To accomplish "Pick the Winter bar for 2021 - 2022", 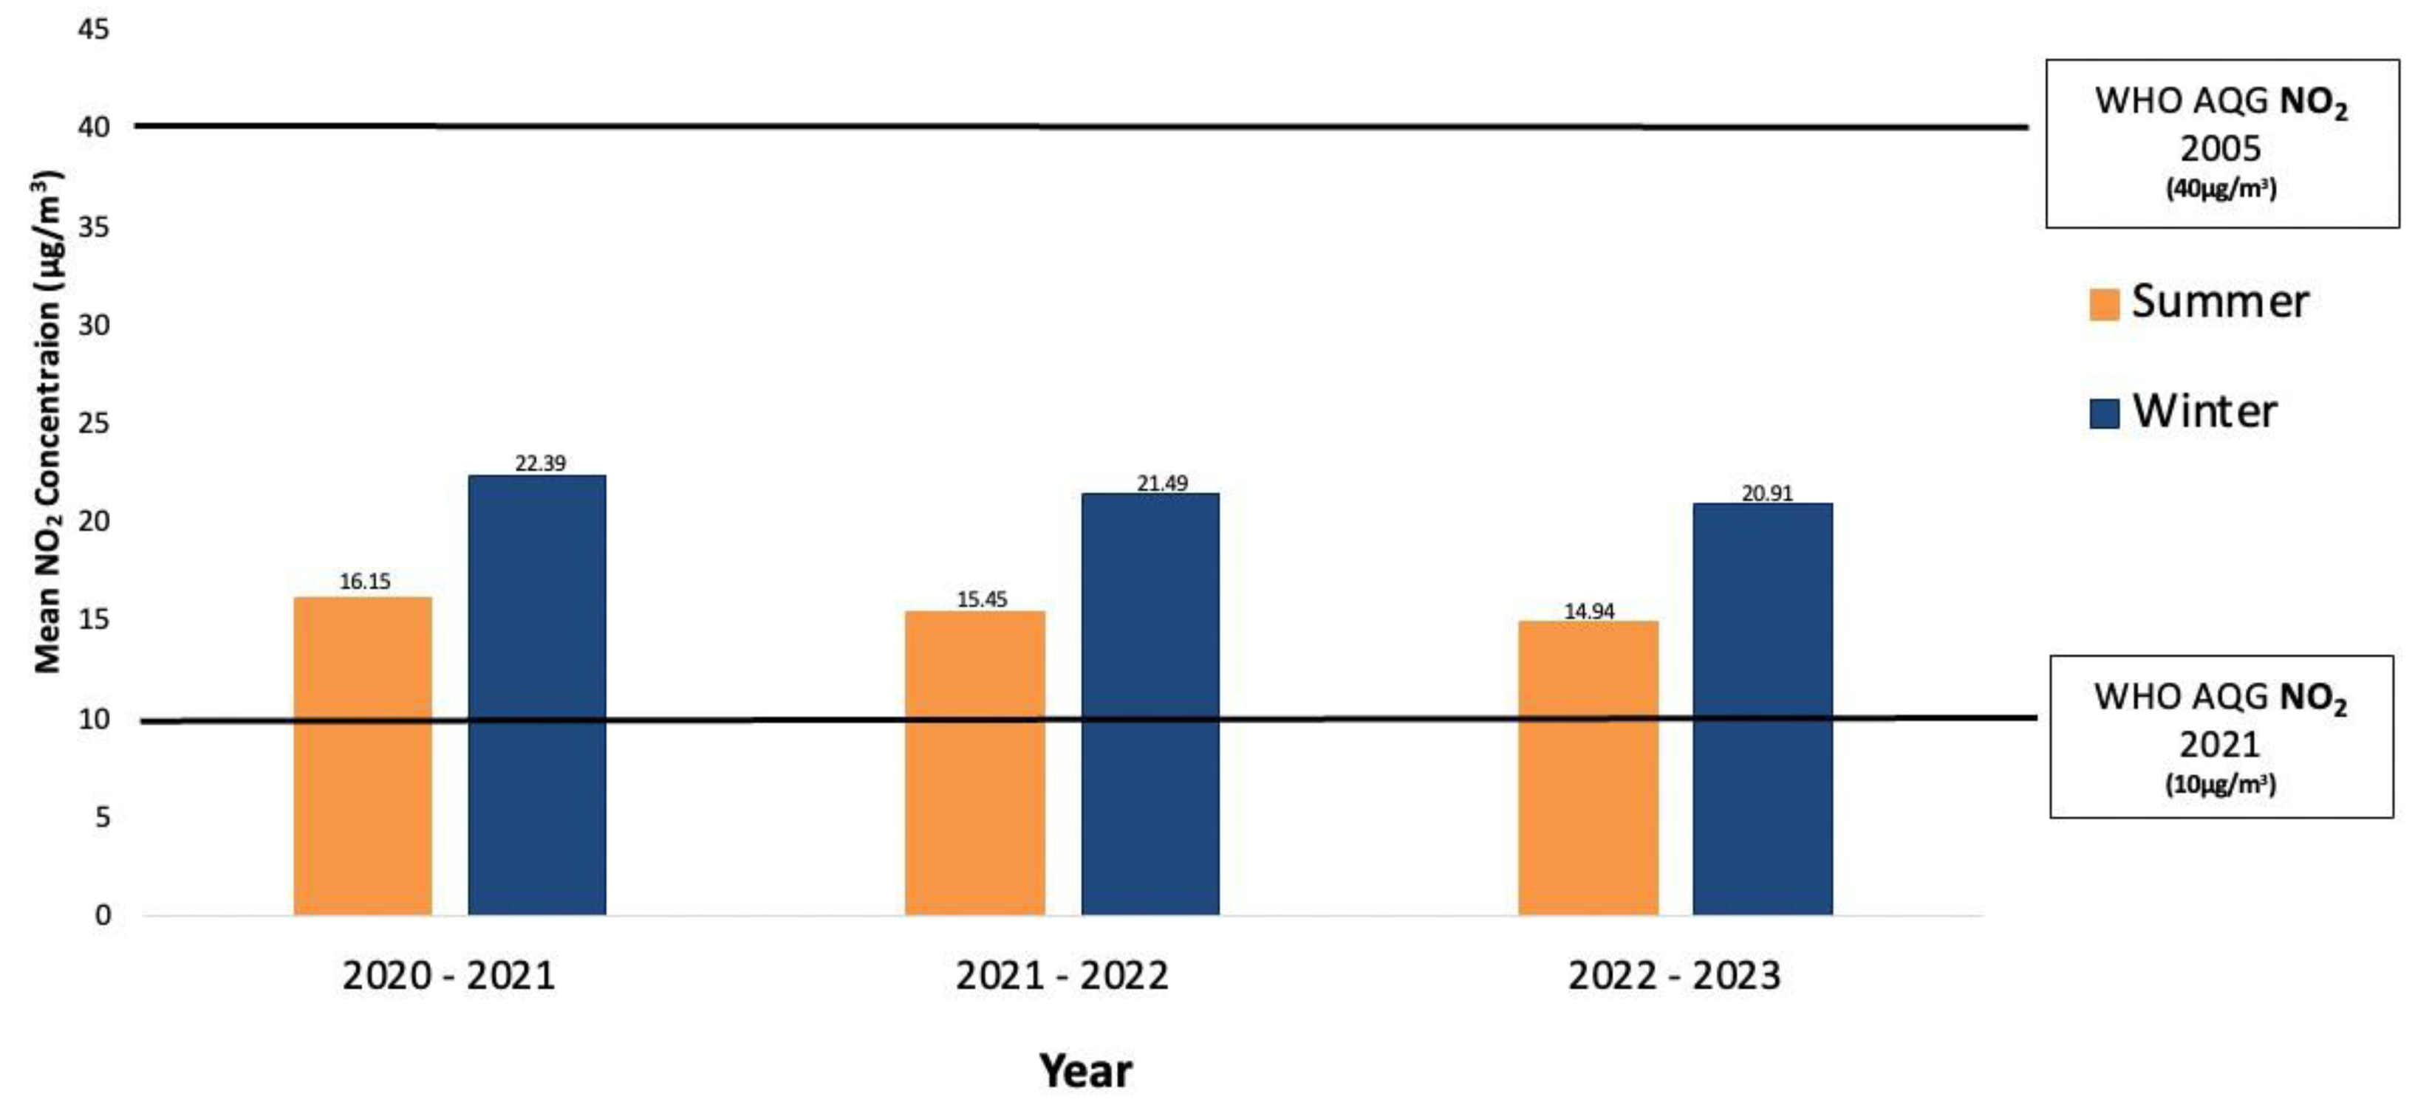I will [1150, 703].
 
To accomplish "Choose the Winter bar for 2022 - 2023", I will [1763, 709].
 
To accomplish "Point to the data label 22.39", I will [540, 463].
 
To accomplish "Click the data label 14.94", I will [1589, 611].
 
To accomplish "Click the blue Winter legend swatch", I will [2105, 413].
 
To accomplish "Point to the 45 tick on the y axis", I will [93, 29].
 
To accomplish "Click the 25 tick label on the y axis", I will [93, 424].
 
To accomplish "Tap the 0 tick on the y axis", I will [102, 915].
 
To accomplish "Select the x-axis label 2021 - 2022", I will [1062, 976].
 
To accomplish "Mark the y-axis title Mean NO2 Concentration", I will [47, 421].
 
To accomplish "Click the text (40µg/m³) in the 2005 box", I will [2220, 188].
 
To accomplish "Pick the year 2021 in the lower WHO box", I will [2219, 744].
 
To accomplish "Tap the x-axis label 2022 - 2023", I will [1673, 976].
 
